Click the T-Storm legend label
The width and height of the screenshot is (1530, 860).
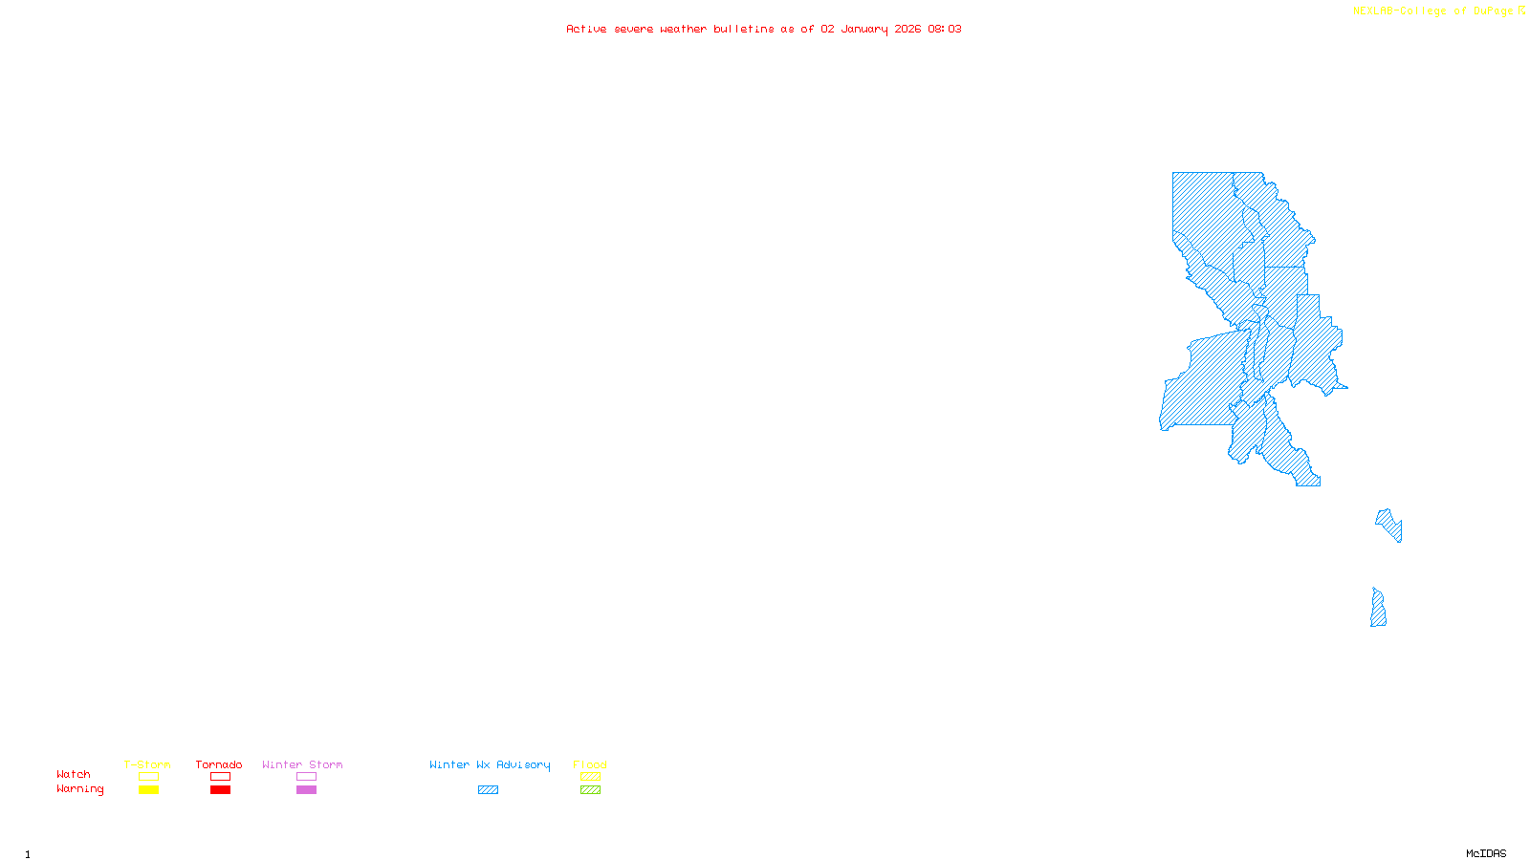click(147, 764)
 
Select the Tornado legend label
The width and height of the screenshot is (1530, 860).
click(219, 764)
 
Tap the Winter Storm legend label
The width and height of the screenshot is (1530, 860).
click(302, 764)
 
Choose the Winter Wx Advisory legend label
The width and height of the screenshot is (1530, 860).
click(490, 764)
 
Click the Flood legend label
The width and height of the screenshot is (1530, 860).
click(590, 764)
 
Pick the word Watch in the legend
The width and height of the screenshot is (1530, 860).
click(74, 774)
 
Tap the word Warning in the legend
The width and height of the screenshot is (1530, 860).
click(80, 789)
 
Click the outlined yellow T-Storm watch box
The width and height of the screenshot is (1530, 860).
click(148, 777)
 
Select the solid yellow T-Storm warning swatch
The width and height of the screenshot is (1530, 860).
click(148, 790)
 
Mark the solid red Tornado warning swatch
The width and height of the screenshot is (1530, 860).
click(220, 790)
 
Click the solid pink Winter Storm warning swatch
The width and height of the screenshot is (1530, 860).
click(306, 790)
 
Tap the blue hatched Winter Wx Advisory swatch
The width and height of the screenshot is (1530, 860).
click(488, 790)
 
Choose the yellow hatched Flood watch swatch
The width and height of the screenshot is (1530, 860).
click(590, 777)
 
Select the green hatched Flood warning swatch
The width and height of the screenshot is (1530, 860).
click(590, 790)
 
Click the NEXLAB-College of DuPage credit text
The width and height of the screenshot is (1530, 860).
click(1433, 11)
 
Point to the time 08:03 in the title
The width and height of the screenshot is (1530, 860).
click(945, 29)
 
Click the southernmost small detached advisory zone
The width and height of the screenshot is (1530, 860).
click(1378, 610)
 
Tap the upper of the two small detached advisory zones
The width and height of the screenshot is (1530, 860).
click(1388, 524)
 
